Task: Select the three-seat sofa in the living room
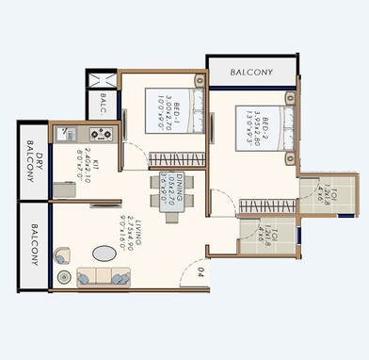[100, 277]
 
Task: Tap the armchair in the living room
[62, 255]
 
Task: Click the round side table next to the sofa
[64, 277]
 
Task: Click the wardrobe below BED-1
[173, 157]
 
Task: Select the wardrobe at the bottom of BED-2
[266, 205]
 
